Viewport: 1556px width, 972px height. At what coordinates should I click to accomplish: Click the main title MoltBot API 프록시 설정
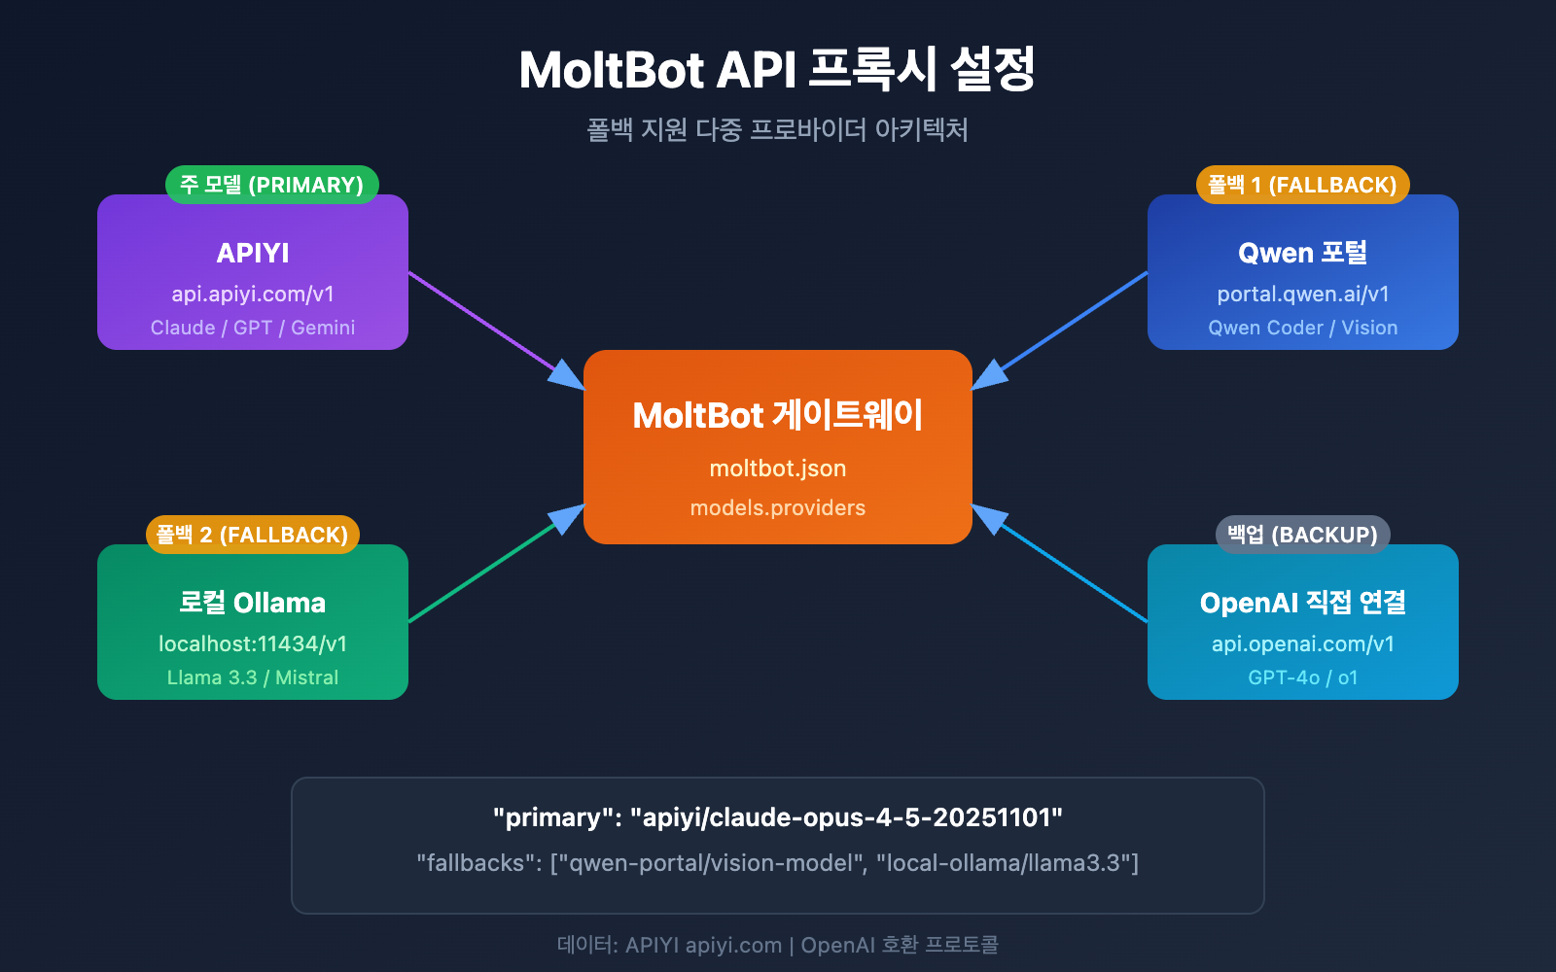click(x=777, y=70)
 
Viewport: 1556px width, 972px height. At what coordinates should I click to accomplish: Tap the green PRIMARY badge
click(x=271, y=185)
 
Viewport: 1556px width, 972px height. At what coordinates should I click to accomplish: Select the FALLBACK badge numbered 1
click(x=1302, y=185)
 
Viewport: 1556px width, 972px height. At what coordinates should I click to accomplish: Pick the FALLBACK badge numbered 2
click(x=253, y=535)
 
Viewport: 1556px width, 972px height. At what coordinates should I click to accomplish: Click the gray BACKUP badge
click(x=1302, y=535)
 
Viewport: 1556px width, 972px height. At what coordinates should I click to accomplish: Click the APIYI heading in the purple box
click(x=253, y=253)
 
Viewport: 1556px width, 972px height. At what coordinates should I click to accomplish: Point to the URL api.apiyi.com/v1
click(x=253, y=294)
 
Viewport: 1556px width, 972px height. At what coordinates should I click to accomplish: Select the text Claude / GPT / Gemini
click(x=253, y=328)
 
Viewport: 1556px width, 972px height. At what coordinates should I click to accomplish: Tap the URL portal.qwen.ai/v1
click(x=1302, y=294)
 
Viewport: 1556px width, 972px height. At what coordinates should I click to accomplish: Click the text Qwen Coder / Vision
click(x=1302, y=328)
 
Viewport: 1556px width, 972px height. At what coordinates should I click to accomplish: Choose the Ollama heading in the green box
click(x=253, y=603)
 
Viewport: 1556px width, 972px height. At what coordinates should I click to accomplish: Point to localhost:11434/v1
click(x=253, y=643)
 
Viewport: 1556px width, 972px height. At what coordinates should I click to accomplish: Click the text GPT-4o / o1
click(x=1302, y=677)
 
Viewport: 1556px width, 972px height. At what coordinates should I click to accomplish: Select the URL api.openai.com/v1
click(x=1302, y=643)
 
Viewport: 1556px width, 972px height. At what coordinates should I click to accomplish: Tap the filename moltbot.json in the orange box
click(x=777, y=469)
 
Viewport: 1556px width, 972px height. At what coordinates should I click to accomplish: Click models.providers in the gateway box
click(x=777, y=507)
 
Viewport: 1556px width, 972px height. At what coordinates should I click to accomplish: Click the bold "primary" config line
click(x=777, y=817)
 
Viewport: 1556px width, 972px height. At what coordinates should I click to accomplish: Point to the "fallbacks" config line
click(x=777, y=863)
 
